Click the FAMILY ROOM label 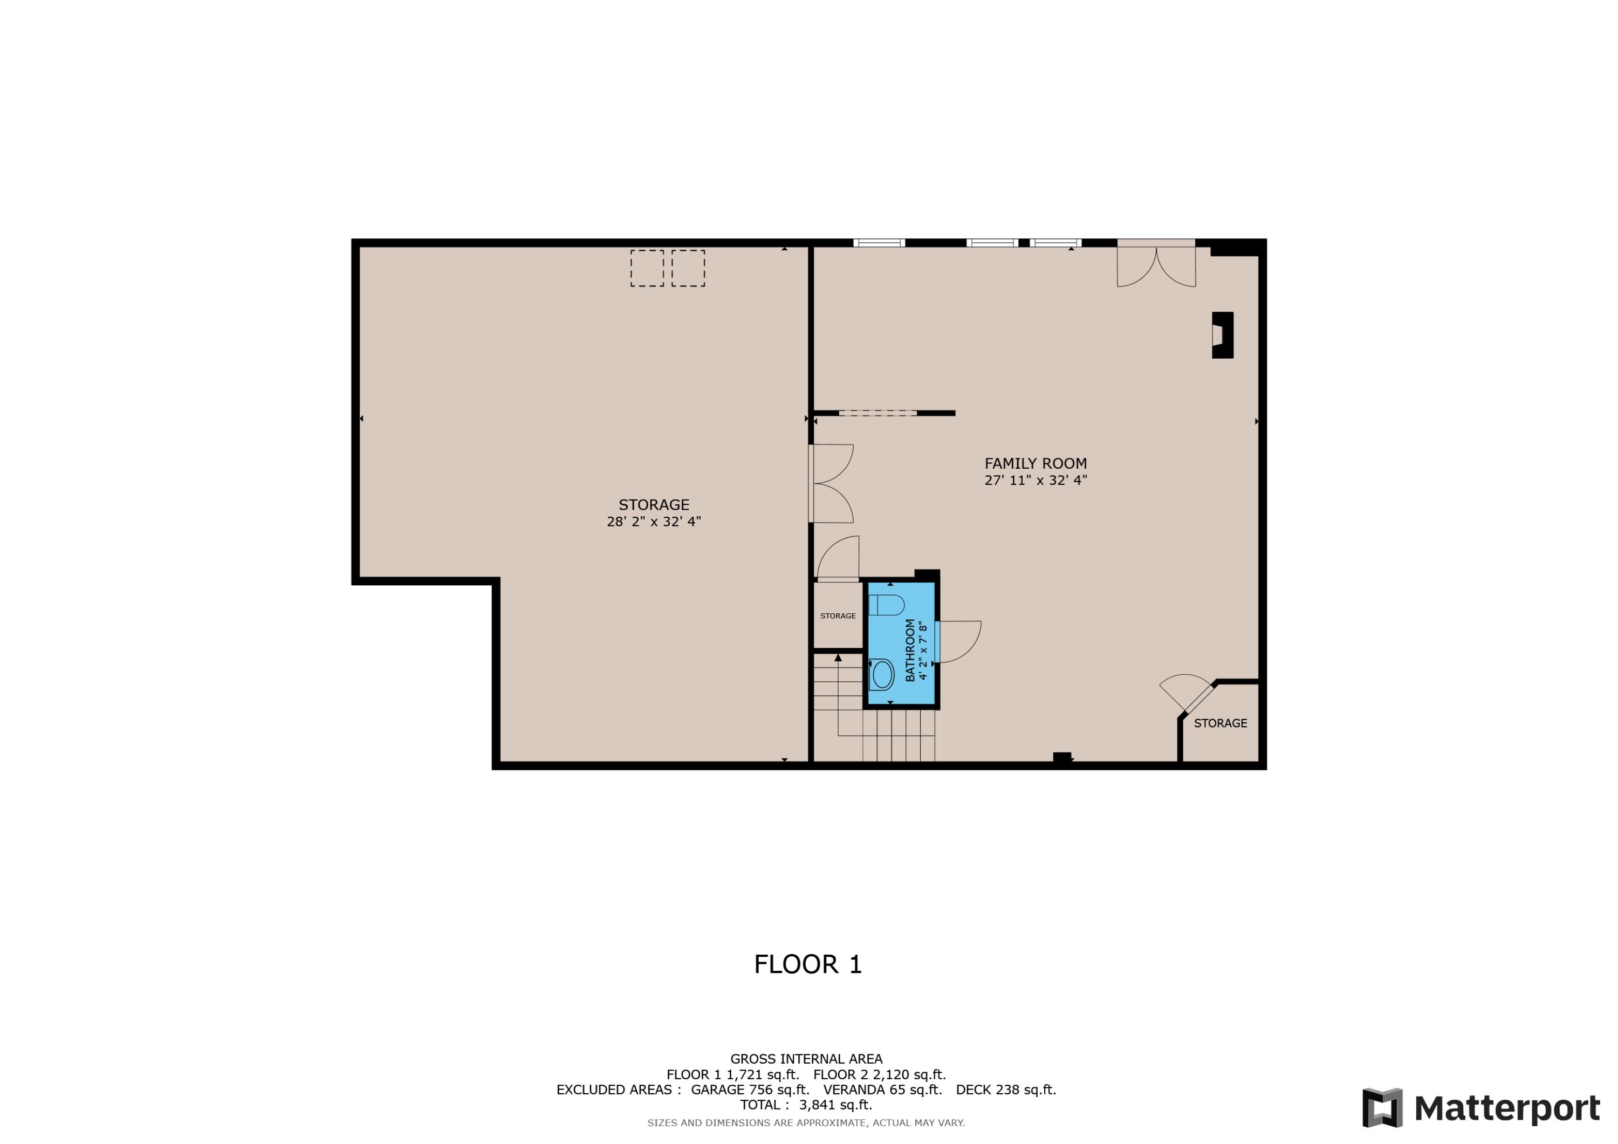point(1035,463)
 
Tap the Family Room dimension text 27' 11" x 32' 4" point(1035,480)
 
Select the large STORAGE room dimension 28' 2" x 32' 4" point(653,522)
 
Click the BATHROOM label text point(910,650)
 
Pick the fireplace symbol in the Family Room point(1222,335)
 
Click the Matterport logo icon point(1382,1107)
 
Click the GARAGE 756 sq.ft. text point(750,1090)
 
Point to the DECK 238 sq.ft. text point(1006,1090)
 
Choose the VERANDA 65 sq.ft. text point(882,1090)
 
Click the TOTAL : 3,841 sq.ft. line point(806,1105)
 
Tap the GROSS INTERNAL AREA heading point(806,1059)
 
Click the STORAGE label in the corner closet point(1221,723)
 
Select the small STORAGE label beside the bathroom point(838,616)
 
